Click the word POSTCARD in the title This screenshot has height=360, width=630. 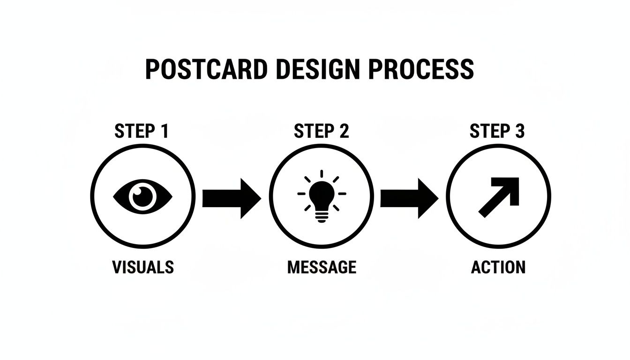[207, 69]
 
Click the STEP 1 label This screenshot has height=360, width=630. [141, 132]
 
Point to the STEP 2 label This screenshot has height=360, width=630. [321, 132]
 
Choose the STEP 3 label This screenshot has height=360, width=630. [497, 132]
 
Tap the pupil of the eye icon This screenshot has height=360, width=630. [143, 195]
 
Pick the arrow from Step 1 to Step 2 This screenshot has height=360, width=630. [231, 198]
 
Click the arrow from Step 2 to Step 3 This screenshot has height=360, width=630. [409, 198]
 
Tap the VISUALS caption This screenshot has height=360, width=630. [143, 267]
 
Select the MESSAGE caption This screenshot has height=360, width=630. [322, 267]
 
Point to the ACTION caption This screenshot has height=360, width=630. [498, 267]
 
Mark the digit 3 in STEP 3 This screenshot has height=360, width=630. [519, 132]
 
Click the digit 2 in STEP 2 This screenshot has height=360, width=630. [344, 132]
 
